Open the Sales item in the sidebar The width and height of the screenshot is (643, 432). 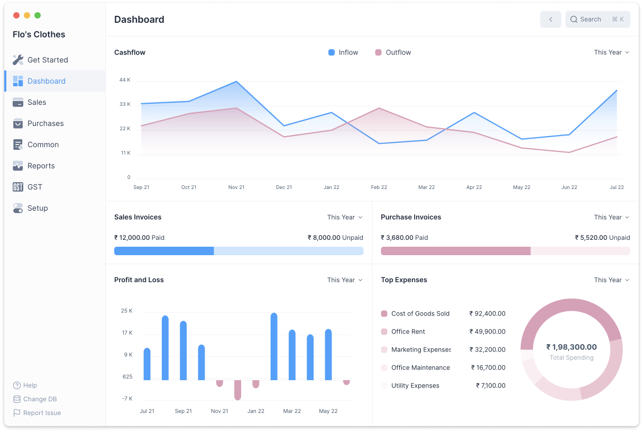pos(36,102)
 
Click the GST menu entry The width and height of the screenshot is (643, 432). pos(34,187)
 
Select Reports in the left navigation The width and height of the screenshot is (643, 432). pos(41,166)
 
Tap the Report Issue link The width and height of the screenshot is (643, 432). pos(41,413)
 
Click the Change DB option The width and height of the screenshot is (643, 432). pos(40,399)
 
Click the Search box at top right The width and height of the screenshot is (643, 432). pos(597,20)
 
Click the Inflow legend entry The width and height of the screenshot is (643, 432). pos(343,52)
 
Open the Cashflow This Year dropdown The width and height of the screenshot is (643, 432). pos(611,52)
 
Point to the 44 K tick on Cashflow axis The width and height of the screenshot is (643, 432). pos(125,80)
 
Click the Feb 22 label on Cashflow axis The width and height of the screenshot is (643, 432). pos(379,187)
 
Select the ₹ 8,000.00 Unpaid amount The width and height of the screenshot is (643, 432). pos(335,238)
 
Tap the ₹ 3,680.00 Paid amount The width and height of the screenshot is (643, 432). pos(405,238)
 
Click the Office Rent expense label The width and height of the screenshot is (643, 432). pos(408,331)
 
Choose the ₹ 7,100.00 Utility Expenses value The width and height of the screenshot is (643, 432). pos(490,385)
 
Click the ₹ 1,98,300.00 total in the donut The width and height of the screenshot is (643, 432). pos(571,347)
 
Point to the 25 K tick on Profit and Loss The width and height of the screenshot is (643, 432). pos(127,311)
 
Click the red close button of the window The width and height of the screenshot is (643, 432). pos(16,15)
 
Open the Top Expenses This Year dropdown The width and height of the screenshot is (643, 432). pos(611,280)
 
